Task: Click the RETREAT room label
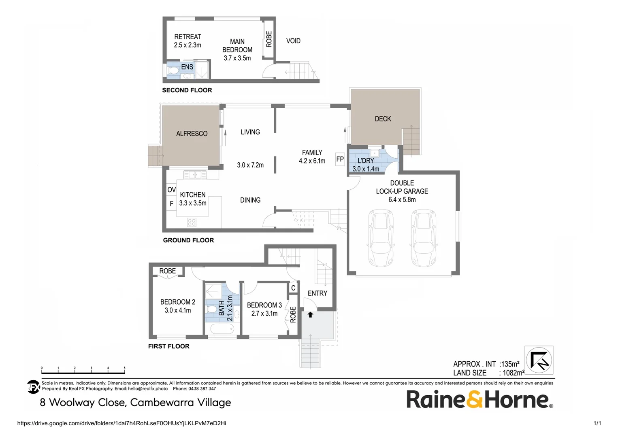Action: (188, 37)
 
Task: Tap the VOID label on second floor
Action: (293, 41)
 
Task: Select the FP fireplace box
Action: (340, 159)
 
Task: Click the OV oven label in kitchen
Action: (171, 190)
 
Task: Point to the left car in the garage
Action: (381, 238)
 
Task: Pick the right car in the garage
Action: (424, 238)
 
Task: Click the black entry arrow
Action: (310, 314)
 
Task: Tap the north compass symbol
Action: (539, 360)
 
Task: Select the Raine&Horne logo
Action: (479, 399)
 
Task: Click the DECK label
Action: (383, 119)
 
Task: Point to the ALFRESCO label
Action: (192, 134)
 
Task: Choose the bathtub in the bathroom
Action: (222, 329)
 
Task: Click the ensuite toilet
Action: (173, 71)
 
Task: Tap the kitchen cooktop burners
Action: (192, 222)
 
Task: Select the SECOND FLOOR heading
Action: (187, 90)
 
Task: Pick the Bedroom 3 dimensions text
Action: (264, 314)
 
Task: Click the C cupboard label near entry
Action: (293, 288)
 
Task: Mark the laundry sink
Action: (375, 153)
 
